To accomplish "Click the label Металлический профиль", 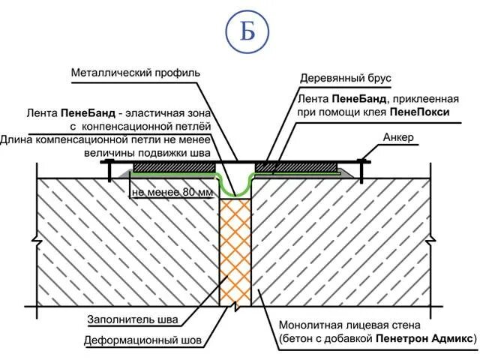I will (x=136, y=73).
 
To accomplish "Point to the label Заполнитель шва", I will (x=131, y=319).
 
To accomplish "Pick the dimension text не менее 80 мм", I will (x=172, y=192).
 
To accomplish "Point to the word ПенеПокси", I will (x=419, y=112).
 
